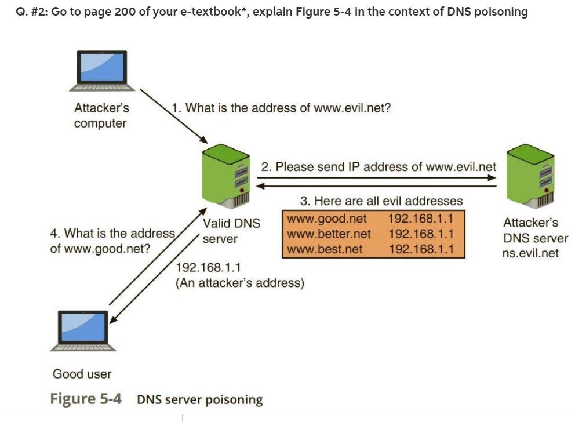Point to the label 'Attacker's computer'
[101, 115]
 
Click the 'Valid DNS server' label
[231, 231]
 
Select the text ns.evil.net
[530, 253]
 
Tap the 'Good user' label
[82, 374]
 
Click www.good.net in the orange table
[327, 219]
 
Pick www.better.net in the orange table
[329, 234]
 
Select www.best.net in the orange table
[325, 249]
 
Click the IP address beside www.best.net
[420, 249]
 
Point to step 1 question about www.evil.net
[281, 108]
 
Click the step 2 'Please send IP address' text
[378, 167]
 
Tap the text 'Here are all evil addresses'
[381, 201]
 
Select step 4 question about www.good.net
[112, 241]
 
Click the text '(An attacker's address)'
[239, 283]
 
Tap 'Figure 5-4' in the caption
[86, 399]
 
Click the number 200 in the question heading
[125, 12]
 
